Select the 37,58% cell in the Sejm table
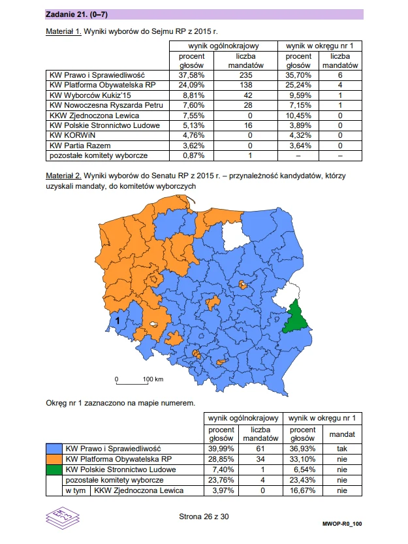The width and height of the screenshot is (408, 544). pyautogui.click(x=192, y=75)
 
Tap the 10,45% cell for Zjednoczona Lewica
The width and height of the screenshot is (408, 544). pyautogui.click(x=299, y=114)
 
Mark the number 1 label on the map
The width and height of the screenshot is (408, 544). pyautogui.click(x=116, y=321)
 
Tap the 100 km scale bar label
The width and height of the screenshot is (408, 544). pyautogui.click(x=153, y=379)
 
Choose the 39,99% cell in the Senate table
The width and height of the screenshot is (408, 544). pyautogui.click(x=221, y=449)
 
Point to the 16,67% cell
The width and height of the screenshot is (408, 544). pyautogui.click(x=302, y=490)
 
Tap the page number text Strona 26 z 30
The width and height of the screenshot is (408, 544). pyautogui.click(x=203, y=517)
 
